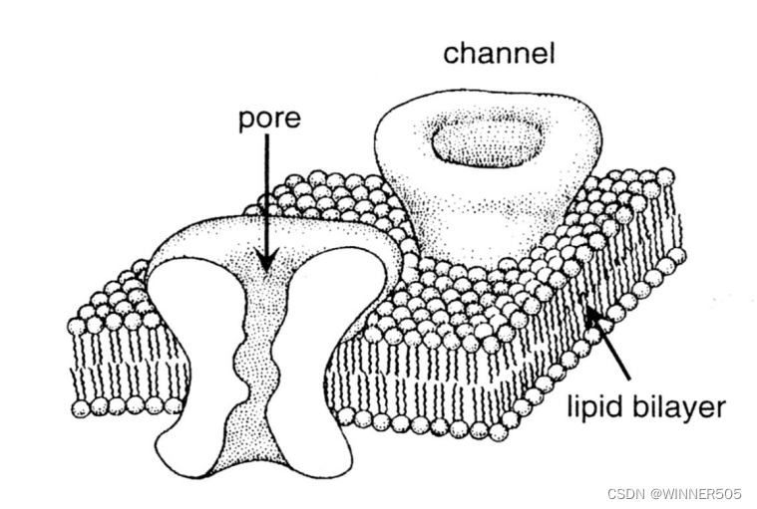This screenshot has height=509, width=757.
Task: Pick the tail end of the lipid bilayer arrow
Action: click(x=629, y=379)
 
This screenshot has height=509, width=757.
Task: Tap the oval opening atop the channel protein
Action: click(x=487, y=142)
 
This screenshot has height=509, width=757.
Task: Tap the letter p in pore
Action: click(x=245, y=123)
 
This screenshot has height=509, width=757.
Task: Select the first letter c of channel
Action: click(x=450, y=53)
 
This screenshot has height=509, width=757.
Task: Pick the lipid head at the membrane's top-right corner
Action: click(x=665, y=176)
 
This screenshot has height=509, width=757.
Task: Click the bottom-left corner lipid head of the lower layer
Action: click(x=79, y=407)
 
